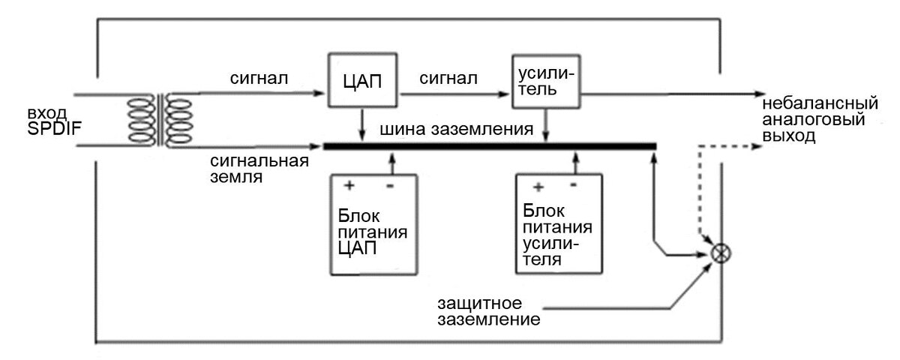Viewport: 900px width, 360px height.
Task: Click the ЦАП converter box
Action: (x=364, y=81)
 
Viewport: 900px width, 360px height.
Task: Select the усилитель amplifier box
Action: (x=544, y=81)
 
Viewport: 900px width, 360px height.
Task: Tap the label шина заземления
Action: (x=457, y=129)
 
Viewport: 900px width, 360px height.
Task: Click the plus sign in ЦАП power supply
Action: (x=348, y=184)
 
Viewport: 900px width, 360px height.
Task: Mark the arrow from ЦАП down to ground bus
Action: (x=363, y=124)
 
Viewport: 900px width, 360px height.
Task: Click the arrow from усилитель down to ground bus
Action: (x=546, y=124)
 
